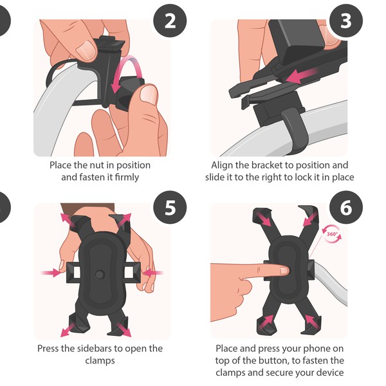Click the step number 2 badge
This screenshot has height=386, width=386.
click(170, 21)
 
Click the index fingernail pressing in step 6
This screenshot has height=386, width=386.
click(284, 271)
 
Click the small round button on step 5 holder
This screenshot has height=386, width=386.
click(100, 274)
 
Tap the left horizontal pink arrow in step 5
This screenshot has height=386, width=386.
click(50, 273)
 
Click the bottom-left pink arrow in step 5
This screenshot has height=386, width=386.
click(64, 331)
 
